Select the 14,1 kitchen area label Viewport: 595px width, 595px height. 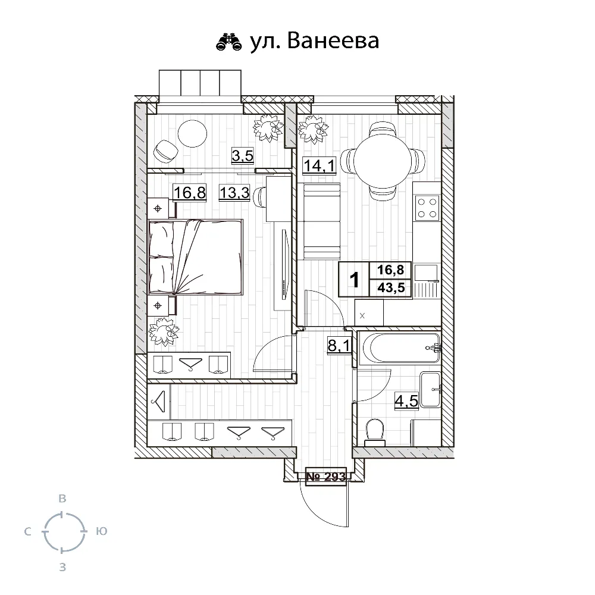click(x=320, y=165)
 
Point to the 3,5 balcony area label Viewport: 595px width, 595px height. click(x=243, y=157)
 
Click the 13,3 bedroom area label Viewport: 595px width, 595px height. click(x=233, y=193)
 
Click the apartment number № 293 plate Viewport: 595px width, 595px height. click(x=325, y=476)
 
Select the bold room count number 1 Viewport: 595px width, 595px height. click(x=355, y=280)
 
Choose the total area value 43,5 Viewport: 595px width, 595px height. click(x=391, y=289)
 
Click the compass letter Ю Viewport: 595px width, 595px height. click(x=101, y=531)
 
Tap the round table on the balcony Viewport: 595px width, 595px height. click(x=192, y=134)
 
